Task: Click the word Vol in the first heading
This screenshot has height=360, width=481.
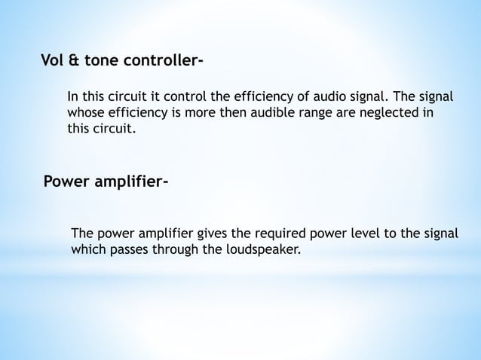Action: pos(53,60)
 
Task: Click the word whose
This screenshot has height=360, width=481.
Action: pos(85,113)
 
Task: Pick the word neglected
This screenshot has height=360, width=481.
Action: pos(391,113)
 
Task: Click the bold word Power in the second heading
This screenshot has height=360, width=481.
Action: pos(66,182)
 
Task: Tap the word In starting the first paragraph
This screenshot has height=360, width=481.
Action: pos(74,97)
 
